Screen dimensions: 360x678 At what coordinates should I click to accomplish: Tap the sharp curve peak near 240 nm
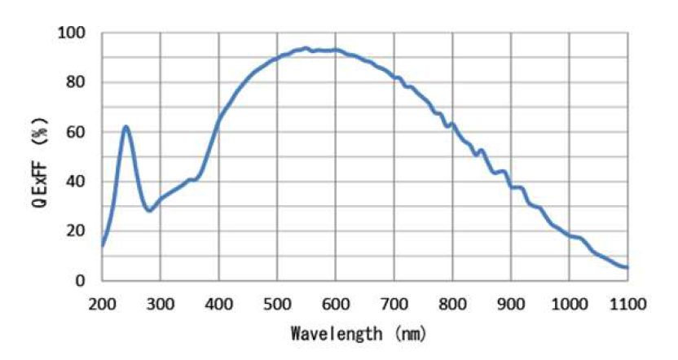[125, 127]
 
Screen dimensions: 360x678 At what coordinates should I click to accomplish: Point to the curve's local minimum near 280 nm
[148, 210]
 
